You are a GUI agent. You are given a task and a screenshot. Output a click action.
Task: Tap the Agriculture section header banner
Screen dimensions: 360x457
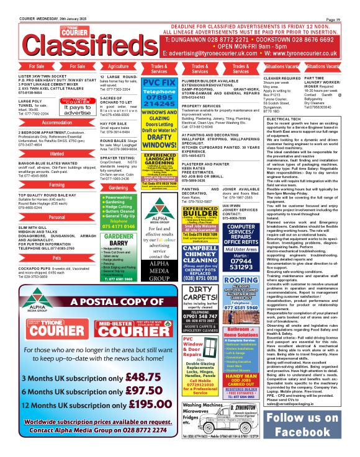tap(119, 66)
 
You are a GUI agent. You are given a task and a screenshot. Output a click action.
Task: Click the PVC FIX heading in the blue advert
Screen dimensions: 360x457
tap(160, 83)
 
